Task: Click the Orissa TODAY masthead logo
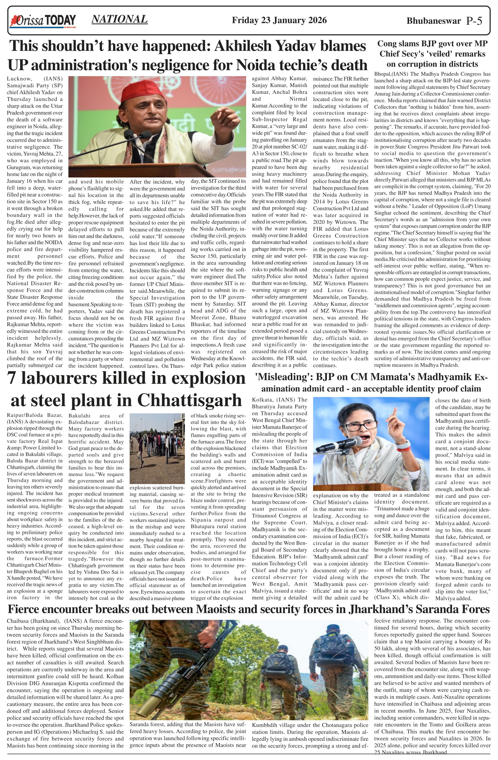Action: click(43, 21)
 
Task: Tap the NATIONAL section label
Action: click(119, 19)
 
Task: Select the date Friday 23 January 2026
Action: click(279, 20)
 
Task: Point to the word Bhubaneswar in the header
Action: click(434, 21)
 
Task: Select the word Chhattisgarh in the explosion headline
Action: click(190, 400)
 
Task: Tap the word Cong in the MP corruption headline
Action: click(387, 44)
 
